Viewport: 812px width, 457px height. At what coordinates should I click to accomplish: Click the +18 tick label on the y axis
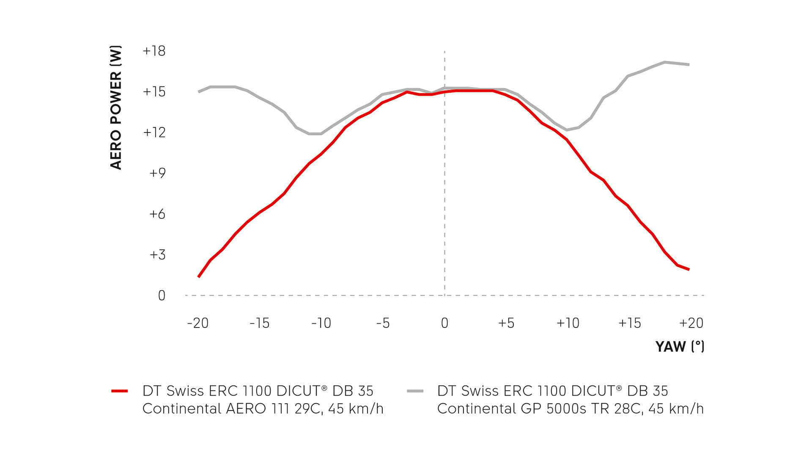[154, 51]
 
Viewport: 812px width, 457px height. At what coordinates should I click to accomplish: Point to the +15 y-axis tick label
[154, 92]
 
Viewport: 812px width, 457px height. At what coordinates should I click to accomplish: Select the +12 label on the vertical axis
[154, 132]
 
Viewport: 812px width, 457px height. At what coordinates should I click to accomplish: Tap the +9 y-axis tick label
[157, 173]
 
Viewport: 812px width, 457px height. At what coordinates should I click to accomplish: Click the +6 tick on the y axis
[157, 214]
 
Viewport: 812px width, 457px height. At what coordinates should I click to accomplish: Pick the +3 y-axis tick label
[157, 255]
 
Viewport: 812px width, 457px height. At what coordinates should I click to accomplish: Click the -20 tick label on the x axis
[198, 323]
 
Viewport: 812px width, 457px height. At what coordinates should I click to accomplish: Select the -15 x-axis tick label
[259, 323]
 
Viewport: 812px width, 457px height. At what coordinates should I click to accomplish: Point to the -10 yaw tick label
[321, 323]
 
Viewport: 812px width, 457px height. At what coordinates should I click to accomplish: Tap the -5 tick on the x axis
[383, 323]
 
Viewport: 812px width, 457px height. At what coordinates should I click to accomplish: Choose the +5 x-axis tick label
[506, 323]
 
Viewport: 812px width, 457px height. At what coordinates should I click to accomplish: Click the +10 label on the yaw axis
[568, 323]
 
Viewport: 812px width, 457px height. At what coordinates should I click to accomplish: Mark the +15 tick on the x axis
[629, 323]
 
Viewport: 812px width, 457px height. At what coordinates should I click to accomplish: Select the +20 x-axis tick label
[691, 323]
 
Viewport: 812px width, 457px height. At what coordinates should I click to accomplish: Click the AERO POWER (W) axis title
[116, 107]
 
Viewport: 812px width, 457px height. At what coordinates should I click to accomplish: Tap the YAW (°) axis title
[680, 347]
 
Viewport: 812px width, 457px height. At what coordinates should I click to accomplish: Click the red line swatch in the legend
[120, 391]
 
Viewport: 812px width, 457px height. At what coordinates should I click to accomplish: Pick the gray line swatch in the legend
[415, 391]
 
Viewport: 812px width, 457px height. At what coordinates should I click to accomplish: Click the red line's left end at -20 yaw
[199, 277]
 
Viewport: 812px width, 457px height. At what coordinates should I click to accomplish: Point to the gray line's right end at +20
[689, 65]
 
